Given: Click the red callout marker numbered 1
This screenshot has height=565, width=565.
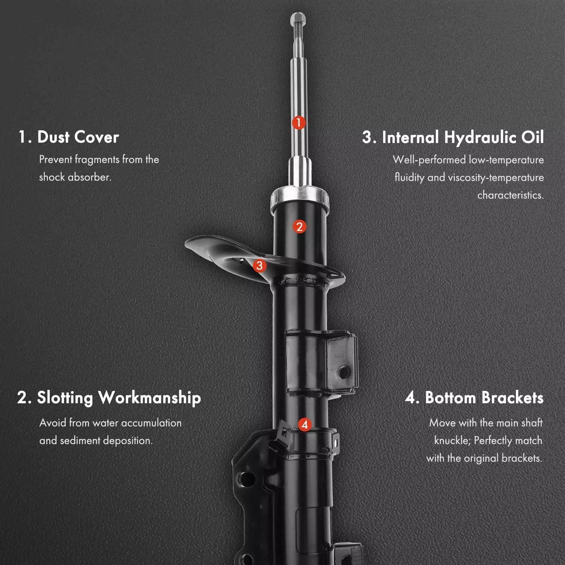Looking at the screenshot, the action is point(299,123).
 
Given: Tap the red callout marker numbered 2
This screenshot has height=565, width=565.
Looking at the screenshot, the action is point(299,227).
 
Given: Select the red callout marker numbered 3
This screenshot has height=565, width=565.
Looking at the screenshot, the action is point(260,265).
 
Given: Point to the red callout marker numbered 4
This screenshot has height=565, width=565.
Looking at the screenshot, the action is point(305,424).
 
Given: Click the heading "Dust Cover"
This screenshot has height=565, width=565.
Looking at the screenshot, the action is point(78,137).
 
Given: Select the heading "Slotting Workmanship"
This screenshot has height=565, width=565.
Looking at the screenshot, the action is point(119,398).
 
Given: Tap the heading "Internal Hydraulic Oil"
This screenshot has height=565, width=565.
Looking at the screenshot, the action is point(463,137).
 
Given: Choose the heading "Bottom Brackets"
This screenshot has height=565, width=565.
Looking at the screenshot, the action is point(484,398).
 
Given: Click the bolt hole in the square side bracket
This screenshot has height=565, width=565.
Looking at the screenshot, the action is point(342,372).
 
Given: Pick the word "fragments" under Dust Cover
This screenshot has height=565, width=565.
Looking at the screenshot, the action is point(97,160).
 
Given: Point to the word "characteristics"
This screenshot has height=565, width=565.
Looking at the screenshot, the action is point(510,195).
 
